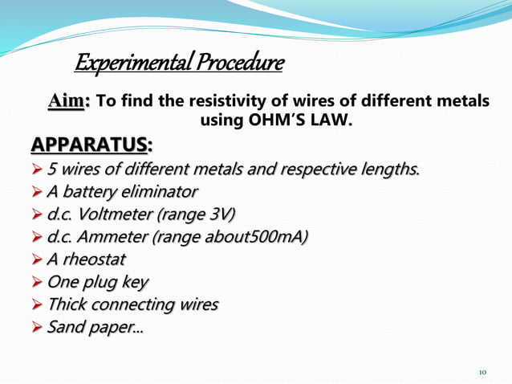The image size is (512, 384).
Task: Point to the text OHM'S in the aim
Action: point(269,122)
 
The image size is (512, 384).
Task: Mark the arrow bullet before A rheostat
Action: point(37,260)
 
